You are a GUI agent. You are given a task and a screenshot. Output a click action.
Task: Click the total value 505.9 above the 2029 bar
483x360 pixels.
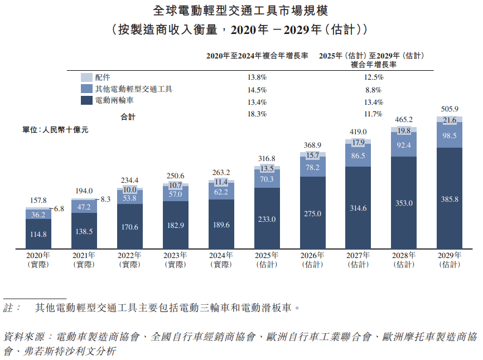[449, 109]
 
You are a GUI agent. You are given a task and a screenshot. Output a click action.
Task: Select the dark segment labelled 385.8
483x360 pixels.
[449, 198]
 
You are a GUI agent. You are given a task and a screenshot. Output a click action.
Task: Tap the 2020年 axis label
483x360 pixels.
[38, 256]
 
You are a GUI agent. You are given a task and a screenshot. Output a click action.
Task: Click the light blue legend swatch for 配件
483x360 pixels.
[86, 77]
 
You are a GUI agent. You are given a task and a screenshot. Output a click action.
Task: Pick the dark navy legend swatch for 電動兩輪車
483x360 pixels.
[86, 101]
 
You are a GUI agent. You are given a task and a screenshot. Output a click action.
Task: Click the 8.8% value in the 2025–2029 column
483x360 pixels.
[373, 90]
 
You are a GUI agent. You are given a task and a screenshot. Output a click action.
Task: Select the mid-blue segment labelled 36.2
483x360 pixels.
[38, 214]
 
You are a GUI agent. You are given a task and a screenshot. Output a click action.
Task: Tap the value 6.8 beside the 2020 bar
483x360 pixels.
[59, 209]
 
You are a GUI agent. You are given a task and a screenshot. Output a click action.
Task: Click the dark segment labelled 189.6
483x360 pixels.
[221, 224]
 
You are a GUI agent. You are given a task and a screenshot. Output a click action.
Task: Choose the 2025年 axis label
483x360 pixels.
[267, 256]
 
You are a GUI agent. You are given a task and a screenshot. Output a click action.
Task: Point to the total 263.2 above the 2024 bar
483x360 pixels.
[221, 172]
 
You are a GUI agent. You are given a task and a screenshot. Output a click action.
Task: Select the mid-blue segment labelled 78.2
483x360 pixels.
[312, 167]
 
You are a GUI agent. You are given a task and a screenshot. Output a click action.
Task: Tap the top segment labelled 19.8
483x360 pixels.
[403, 131]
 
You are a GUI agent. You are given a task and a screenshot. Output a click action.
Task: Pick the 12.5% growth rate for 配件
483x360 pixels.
[373, 77]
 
